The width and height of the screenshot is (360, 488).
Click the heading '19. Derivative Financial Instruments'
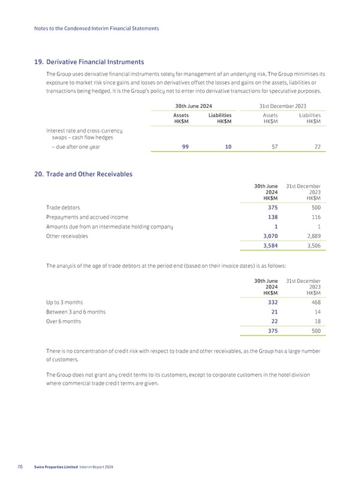tap(90, 61)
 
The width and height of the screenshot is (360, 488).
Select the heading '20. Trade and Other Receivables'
tap(84, 174)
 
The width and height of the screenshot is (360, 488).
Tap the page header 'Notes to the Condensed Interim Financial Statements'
tap(97, 29)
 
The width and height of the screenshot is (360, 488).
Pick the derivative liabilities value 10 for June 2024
tap(228, 146)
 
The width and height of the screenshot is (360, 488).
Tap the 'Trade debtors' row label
tap(62, 207)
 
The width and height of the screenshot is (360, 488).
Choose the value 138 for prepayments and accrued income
tap(271, 216)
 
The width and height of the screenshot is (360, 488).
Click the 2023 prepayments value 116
tap(314, 216)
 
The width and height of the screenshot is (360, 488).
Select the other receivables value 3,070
tap(270, 236)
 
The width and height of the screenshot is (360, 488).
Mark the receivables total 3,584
tap(270, 246)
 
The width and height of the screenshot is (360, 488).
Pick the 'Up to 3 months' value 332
tap(271, 302)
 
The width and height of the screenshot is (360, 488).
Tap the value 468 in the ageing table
tap(314, 302)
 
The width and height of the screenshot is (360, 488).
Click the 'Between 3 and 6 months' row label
tap(76, 312)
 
